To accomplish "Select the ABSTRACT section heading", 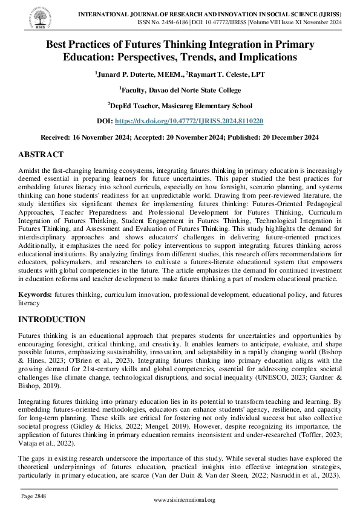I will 41,155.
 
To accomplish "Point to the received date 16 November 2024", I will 100,137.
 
